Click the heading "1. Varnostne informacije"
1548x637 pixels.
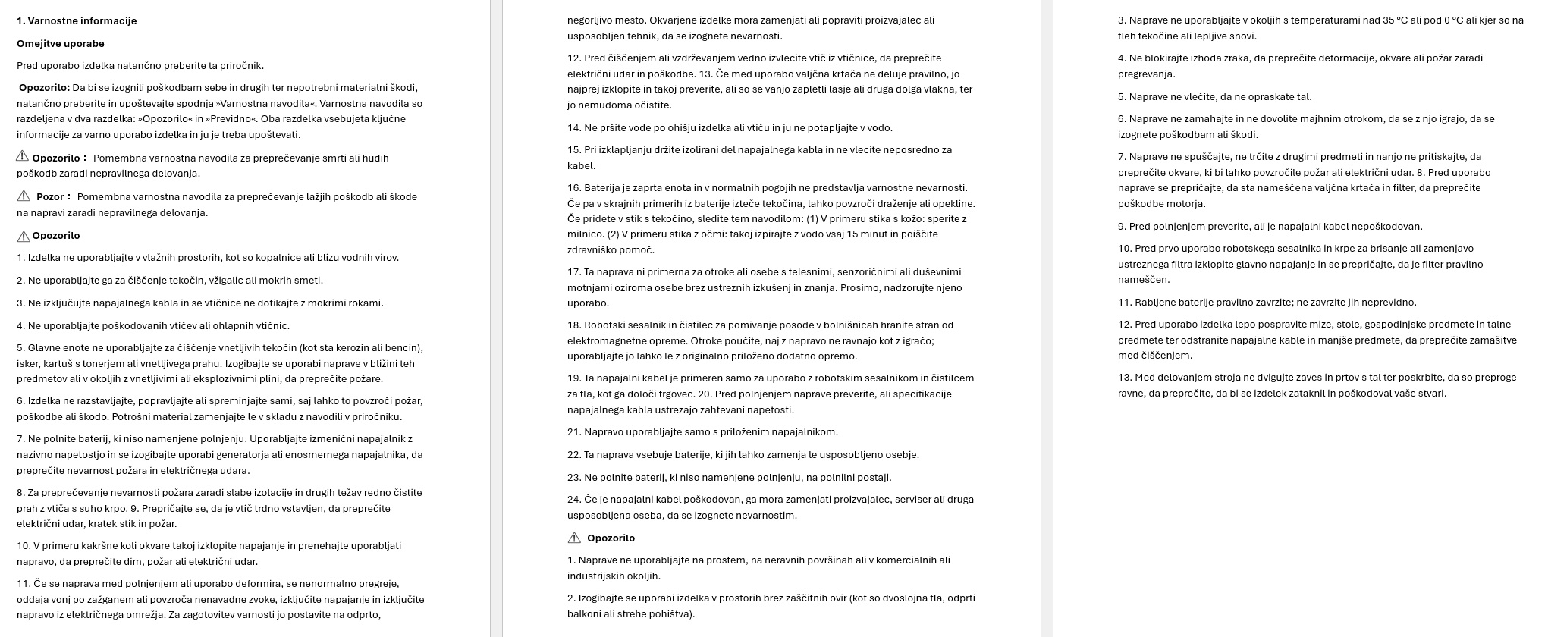click(x=77, y=21)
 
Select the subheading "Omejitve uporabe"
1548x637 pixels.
click(x=61, y=44)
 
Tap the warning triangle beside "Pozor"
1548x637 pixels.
click(x=23, y=196)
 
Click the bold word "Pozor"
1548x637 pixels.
click(x=50, y=197)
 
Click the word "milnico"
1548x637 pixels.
click(x=585, y=234)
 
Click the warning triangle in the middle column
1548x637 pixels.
click(x=574, y=538)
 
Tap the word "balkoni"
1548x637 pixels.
click(x=585, y=614)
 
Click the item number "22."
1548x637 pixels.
click(x=574, y=455)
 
